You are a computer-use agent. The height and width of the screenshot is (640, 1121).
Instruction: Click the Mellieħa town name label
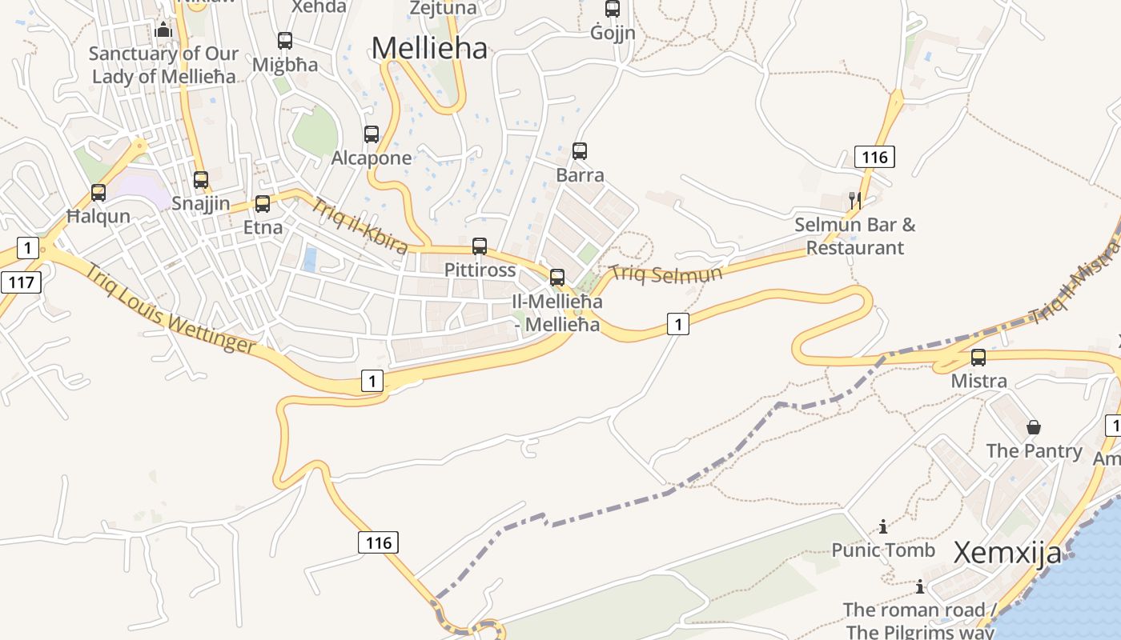coord(429,49)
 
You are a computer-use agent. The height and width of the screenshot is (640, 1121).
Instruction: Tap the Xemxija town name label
coord(1007,553)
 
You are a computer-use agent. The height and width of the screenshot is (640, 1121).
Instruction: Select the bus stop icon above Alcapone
coord(372,134)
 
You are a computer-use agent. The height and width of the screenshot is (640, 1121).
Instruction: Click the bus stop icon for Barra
coord(580,150)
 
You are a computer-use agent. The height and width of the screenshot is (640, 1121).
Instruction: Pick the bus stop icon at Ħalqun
coord(98,193)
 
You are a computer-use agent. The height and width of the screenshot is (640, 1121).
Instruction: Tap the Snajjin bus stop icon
coord(201,180)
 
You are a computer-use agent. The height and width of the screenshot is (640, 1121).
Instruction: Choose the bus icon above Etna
coord(263,204)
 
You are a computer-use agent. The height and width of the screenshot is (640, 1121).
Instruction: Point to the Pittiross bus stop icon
coord(480,246)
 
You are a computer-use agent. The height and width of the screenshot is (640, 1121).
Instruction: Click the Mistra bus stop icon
coord(978,358)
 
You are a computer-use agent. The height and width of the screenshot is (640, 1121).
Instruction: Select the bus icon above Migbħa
coord(284,41)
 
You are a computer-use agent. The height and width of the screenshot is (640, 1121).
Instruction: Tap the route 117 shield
coord(21,282)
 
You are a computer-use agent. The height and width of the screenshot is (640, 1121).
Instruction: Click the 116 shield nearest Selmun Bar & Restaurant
coord(874,157)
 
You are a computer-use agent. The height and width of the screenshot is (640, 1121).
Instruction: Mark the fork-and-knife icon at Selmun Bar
coord(855,200)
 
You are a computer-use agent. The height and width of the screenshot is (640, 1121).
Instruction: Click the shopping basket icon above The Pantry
coord(1034,427)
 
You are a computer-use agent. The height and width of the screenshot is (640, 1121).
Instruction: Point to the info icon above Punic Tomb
coord(883,526)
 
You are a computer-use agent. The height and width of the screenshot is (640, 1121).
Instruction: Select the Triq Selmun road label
coord(666,274)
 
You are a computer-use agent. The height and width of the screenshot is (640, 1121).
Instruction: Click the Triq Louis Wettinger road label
coord(171,309)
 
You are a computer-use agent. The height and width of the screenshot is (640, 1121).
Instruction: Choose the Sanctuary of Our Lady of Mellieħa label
coord(163,65)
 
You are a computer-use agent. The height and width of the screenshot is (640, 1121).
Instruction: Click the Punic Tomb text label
coord(883,550)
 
